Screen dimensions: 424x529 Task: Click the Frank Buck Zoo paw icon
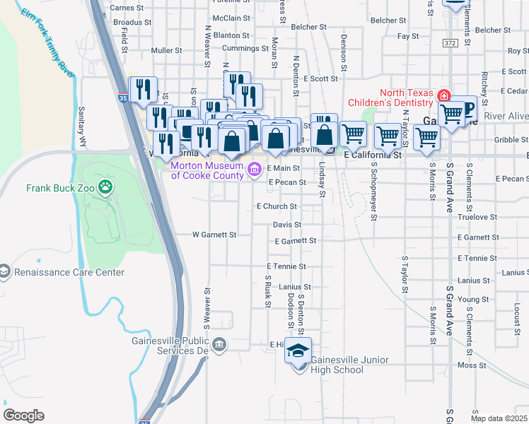point(105,187)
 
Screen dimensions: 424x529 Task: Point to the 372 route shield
point(450,43)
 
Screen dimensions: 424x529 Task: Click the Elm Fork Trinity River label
point(47,43)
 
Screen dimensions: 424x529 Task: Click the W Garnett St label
point(214,234)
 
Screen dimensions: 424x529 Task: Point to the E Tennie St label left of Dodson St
point(286,266)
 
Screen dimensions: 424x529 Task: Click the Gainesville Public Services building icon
point(221,344)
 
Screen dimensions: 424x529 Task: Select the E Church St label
point(276,206)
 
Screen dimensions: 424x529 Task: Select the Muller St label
point(167,51)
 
